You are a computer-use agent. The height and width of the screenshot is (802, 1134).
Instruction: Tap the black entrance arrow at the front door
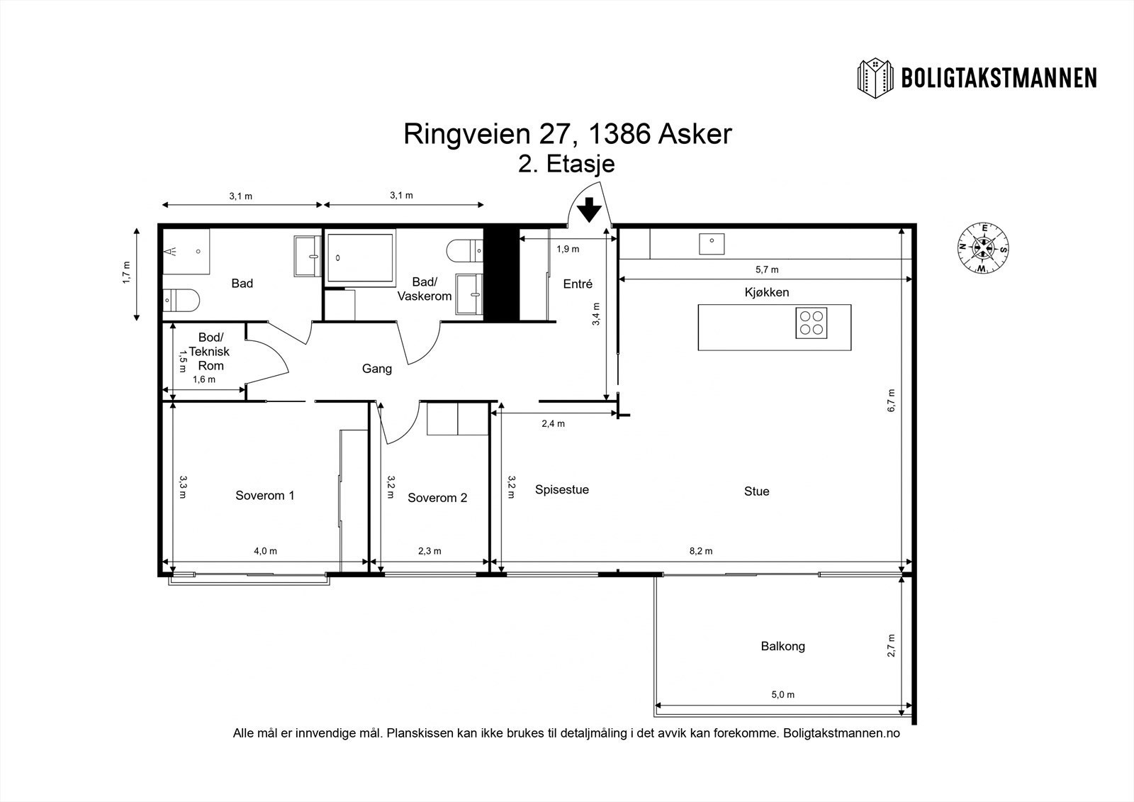coord(589,210)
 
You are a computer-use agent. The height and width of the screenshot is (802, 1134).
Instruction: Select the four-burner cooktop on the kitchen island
coord(811,323)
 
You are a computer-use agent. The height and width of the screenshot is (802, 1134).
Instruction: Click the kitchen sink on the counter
coord(712,244)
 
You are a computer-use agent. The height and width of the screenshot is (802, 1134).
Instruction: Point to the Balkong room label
coord(782,646)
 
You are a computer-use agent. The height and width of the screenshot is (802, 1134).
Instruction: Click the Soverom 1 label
coord(265,495)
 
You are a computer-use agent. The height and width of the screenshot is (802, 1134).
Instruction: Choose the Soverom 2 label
coord(437,498)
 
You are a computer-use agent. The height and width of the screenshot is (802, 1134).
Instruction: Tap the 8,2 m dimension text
coord(701,551)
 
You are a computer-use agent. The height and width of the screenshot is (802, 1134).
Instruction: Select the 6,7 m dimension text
coord(891,400)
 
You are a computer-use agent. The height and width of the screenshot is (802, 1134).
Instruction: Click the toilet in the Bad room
coord(181,301)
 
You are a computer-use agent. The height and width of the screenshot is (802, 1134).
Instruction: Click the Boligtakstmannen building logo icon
coord(875,79)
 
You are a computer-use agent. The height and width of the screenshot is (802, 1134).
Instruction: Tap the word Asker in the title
coord(695,134)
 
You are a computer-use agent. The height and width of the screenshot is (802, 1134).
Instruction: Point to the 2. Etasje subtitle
coord(566,164)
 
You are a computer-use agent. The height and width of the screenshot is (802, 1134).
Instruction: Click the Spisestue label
coord(562,489)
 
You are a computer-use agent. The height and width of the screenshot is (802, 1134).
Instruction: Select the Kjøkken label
coord(766,292)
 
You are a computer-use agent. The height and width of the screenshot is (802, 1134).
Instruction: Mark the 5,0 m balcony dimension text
coord(782,695)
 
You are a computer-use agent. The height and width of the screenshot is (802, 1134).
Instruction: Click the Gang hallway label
coord(376,369)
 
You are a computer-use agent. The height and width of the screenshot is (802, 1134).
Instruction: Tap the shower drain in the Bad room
coord(198,251)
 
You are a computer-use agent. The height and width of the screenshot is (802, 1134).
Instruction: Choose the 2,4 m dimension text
coord(553,423)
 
